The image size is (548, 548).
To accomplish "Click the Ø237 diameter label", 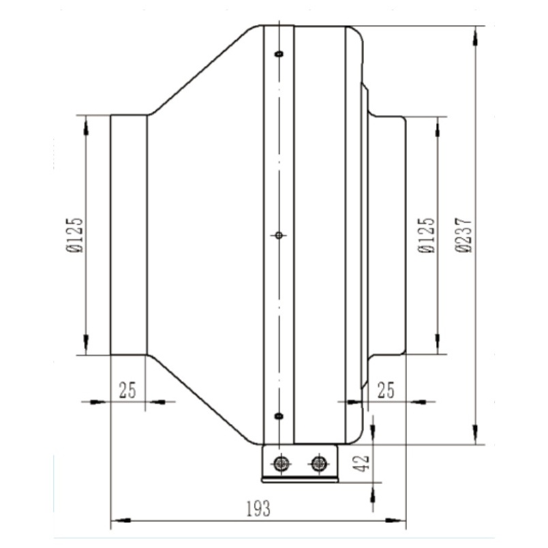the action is [x=463, y=235].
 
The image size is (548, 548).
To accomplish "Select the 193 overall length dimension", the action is [x=258, y=509].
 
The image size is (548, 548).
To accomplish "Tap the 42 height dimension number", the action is [x=362, y=463].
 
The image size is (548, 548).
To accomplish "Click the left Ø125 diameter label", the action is [x=74, y=235].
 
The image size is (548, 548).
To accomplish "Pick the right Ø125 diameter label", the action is [x=427, y=235].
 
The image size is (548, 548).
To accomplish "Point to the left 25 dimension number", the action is [x=127, y=391].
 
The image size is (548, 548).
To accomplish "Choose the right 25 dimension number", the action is [x=386, y=391].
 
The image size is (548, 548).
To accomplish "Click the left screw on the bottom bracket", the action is [x=281, y=463].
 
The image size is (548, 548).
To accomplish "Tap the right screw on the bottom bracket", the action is [x=319, y=463].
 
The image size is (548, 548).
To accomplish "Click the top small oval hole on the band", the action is [x=279, y=54].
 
